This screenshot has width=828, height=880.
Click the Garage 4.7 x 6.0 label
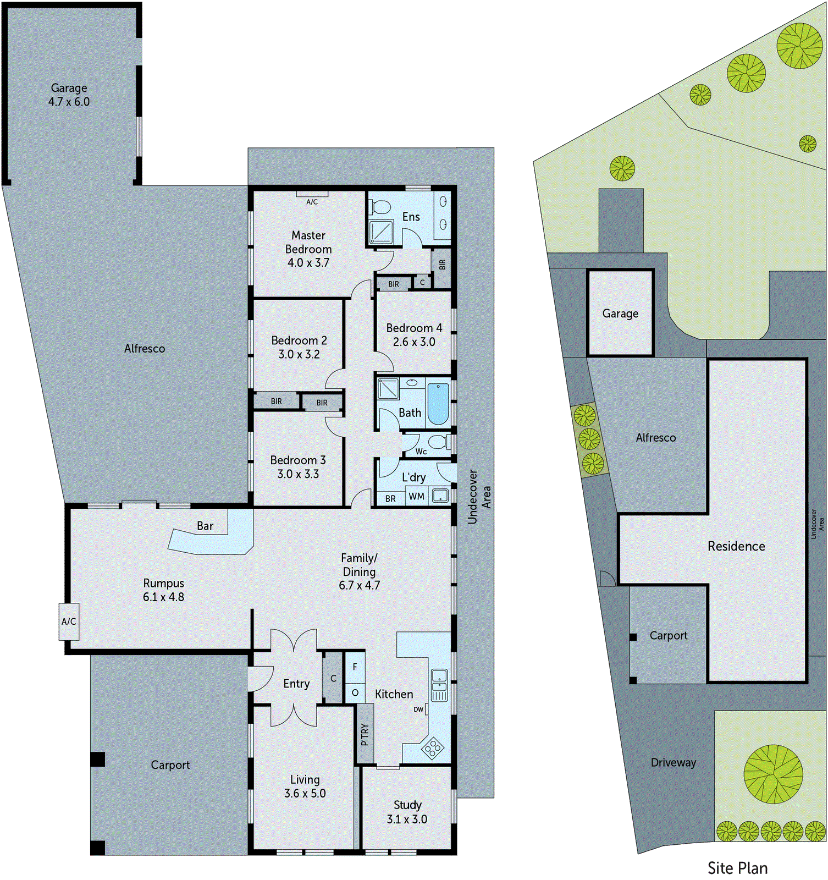tap(69, 95)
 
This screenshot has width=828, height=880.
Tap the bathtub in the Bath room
tap(438, 404)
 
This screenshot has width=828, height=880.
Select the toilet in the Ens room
tap(379, 207)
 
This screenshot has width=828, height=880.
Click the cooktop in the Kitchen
tap(432, 748)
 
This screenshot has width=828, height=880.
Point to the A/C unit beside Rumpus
tap(69, 621)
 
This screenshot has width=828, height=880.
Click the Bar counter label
tap(205, 526)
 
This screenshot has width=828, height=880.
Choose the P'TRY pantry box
tap(365, 734)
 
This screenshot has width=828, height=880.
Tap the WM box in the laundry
tap(416, 496)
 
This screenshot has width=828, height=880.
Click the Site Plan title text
tap(737, 868)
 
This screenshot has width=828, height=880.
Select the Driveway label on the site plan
tap(673, 762)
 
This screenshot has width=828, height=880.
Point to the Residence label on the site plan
tap(736, 546)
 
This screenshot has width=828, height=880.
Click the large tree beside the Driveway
tap(773, 774)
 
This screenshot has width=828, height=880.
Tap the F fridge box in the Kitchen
tap(355, 667)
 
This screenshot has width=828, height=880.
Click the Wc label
tap(421, 452)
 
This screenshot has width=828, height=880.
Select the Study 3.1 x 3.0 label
tap(407, 812)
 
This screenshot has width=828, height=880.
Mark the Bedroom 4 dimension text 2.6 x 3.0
tap(414, 342)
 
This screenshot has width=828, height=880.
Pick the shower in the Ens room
tap(381, 232)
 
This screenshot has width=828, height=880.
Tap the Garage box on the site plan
tap(620, 313)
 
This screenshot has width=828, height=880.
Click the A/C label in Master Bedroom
tap(312, 202)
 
